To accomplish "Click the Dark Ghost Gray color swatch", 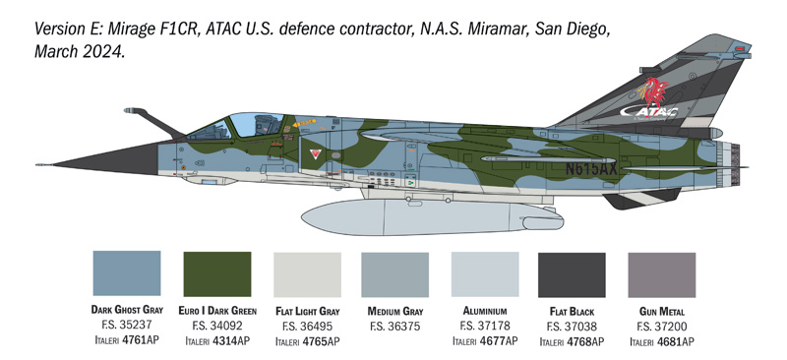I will [126, 273].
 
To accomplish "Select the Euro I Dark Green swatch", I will [217, 273].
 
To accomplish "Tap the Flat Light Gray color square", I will [306, 273].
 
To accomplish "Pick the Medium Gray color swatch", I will [394, 273].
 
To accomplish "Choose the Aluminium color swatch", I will [484, 273].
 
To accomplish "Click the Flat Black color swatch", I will [573, 273].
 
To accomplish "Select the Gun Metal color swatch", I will [661, 273].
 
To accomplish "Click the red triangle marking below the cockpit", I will [315, 154].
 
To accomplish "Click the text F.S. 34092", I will [217, 326].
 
